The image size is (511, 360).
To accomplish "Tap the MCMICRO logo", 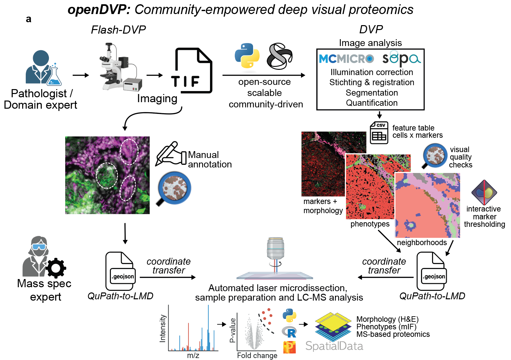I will pyautogui.click(x=346, y=59).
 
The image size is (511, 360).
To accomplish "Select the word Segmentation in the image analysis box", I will pyautogui.click(x=371, y=93).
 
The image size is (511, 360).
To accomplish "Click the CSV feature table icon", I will pyautogui.click(x=379, y=133).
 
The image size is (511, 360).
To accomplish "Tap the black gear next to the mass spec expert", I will pyautogui.click(x=56, y=268).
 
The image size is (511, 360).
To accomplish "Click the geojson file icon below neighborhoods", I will pyautogui.click(x=431, y=271).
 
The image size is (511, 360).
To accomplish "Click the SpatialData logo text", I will pyautogui.click(x=334, y=346).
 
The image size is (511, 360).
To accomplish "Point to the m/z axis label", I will pyautogui.click(x=193, y=355).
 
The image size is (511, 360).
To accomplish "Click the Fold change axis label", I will pyautogui.click(x=257, y=355).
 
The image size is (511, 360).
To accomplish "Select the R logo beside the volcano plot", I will pyautogui.click(x=289, y=332).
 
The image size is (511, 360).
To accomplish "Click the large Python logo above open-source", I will pyautogui.click(x=247, y=55).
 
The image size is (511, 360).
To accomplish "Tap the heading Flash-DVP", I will pyautogui.click(x=118, y=30).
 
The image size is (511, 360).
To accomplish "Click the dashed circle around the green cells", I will pyautogui.click(x=107, y=175).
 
